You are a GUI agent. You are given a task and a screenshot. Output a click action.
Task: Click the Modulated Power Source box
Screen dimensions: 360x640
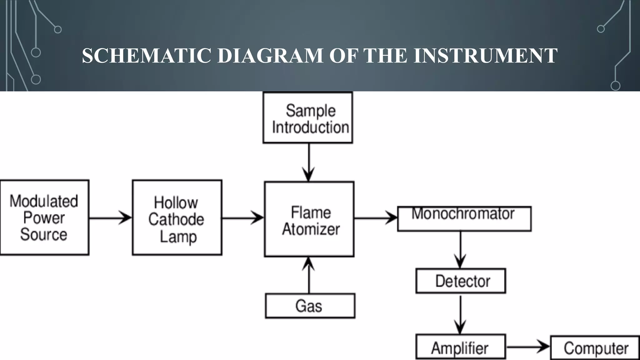point(44,217)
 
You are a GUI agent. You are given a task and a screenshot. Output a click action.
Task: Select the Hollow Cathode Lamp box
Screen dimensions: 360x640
point(177,217)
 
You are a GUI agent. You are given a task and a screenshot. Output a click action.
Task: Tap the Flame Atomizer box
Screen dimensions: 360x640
point(309,219)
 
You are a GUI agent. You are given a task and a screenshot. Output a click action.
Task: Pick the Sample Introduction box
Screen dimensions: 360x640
point(308,118)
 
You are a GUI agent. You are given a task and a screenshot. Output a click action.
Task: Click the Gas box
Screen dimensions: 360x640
point(310,306)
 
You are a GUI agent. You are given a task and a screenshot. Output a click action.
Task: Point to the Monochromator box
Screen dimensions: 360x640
point(464,219)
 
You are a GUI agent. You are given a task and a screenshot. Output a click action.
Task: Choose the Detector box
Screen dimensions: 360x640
point(461,281)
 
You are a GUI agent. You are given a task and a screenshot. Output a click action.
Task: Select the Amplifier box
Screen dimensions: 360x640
point(461,347)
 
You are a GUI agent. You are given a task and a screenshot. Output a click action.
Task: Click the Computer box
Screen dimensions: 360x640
point(595,348)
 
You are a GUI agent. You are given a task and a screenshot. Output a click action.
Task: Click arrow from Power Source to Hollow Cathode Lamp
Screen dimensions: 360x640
point(111,218)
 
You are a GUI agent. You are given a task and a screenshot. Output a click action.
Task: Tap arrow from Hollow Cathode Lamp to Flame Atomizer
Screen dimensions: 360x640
point(243,218)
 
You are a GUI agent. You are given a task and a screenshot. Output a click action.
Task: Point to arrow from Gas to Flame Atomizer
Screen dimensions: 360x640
point(309,275)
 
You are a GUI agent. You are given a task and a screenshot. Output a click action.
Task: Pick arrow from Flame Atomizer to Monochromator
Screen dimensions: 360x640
point(376,218)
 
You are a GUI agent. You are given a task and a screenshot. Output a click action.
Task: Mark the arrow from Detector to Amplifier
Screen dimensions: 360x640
point(460,314)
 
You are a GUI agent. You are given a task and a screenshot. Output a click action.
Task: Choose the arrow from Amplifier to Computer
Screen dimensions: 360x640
point(528,347)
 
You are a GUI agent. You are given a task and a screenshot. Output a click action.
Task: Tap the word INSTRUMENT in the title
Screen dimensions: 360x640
point(485,56)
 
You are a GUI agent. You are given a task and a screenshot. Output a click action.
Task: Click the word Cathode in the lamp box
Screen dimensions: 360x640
point(176,219)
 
